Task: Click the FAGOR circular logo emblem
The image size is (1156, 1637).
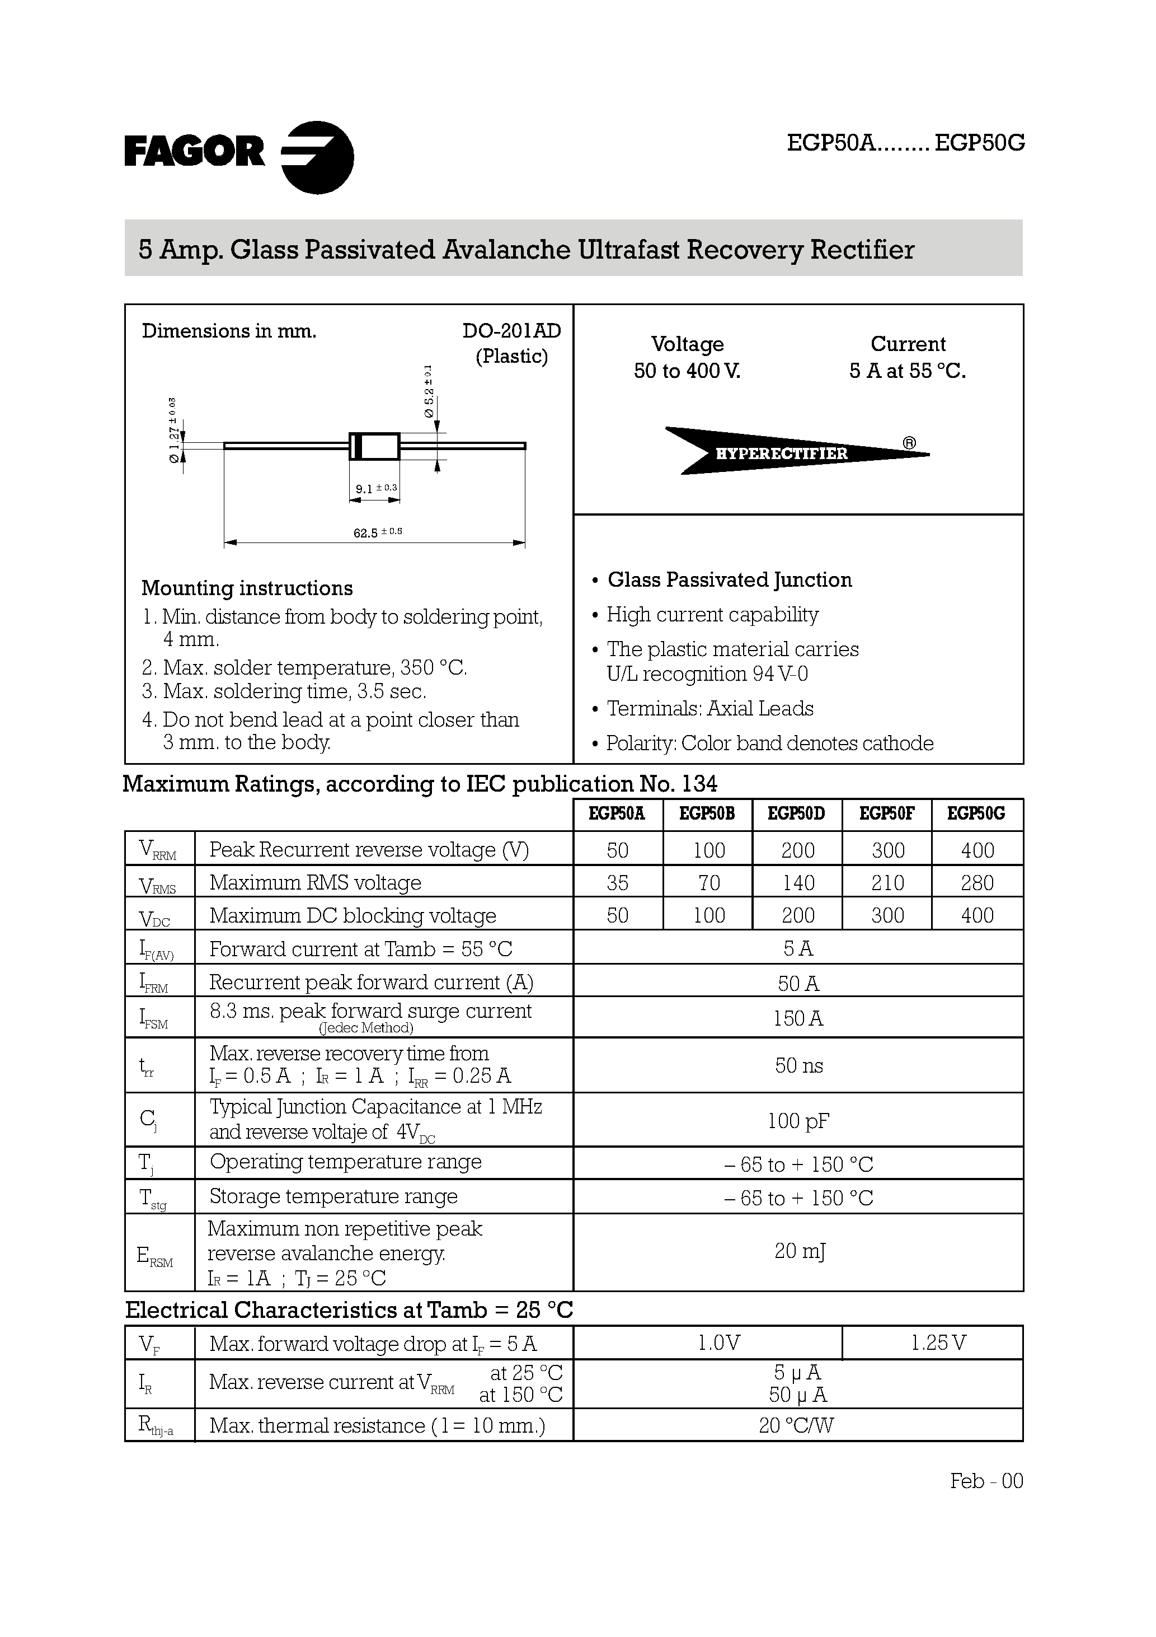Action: click(318, 157)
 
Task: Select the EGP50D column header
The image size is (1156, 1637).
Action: click(796, 813)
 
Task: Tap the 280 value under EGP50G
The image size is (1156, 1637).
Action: click(976, 883)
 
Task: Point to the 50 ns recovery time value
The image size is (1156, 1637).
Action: click(798, 1065)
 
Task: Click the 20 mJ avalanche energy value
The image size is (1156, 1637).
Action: click(799, 1251)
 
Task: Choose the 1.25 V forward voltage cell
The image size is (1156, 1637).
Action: click(938, 1343)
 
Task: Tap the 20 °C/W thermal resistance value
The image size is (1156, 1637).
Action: click(796, 1426)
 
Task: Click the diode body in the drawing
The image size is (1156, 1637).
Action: click(374, 446)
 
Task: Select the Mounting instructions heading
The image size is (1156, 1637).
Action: click(247, 588)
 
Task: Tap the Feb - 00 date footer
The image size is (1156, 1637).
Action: click(986, 1481)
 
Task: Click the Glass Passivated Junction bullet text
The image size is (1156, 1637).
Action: click(729, 579)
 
